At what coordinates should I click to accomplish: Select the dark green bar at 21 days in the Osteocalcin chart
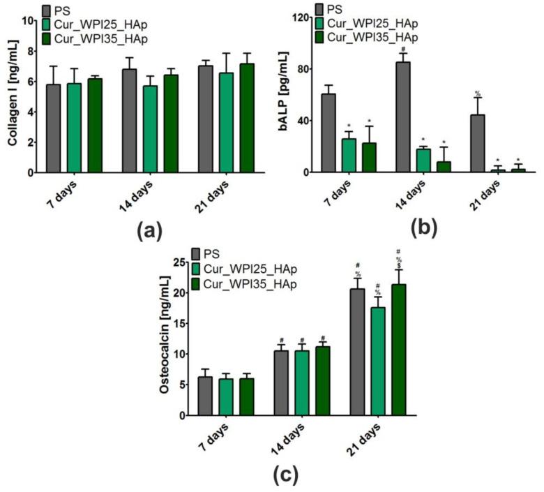[x=399, y=349]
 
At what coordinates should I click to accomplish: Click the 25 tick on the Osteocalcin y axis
[x=180, y=262]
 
